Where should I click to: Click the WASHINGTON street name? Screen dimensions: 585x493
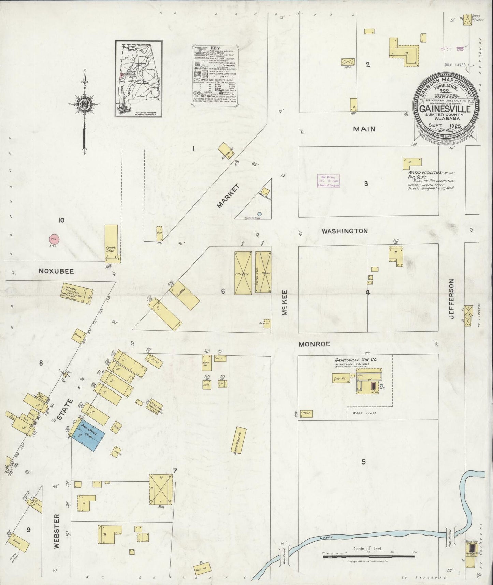click(345, 231)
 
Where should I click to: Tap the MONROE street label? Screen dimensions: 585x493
click(314, 344)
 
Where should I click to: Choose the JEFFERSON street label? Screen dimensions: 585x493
click(452, 299)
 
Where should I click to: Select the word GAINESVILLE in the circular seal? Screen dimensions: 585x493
click(445, 109)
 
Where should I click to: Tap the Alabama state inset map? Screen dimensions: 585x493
click(139, 79)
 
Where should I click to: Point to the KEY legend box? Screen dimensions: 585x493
click(215, 75)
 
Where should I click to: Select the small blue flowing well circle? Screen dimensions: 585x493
click(259, 214)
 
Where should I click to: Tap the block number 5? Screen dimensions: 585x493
click(363, 462)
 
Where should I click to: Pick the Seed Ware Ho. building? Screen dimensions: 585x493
click(240, 440)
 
